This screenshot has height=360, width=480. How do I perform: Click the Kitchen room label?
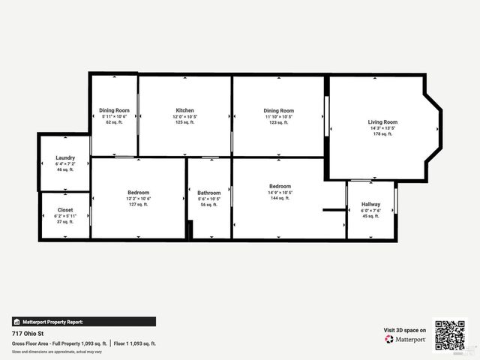[185, 110]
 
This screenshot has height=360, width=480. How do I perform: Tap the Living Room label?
[382, 121]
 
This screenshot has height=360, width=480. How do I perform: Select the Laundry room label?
[65, 157]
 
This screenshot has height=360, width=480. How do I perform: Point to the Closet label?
[65, 210]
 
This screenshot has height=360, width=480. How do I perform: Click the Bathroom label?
[208, 193]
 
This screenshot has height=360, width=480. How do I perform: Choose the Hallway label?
[371, 204]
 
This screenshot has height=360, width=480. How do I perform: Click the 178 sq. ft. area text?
[382, 134]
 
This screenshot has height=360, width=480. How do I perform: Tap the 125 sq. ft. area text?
[185, 122]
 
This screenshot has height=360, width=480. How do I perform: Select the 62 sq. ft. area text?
[114, 122]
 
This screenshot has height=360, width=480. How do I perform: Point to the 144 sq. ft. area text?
[280, 198]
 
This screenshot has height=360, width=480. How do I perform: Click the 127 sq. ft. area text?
[139, 205]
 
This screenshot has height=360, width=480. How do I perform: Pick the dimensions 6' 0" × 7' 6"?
[371, 211]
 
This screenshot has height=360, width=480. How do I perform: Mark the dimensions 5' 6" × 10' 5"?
[208, 199]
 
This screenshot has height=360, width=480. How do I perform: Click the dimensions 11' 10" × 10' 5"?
[278, 116]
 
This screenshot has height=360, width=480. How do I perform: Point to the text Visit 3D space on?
[405, 330]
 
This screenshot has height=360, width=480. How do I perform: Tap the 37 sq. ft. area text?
[65, 222]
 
